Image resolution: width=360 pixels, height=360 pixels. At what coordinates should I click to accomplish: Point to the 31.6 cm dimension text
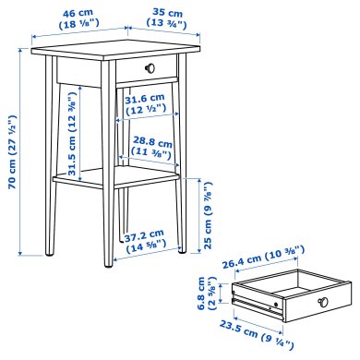click(x=142, y=99)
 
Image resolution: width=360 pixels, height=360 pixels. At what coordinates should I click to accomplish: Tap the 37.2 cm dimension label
click(x=142, y=234)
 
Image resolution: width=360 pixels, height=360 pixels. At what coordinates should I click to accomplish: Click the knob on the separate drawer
click(x=324, y=304)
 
